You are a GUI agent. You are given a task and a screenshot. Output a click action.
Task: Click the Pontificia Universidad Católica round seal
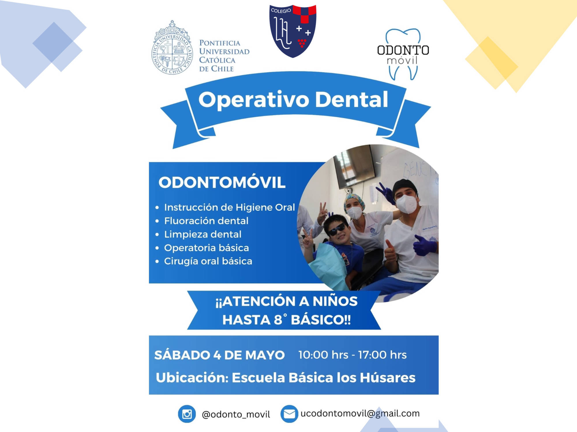(172, 48)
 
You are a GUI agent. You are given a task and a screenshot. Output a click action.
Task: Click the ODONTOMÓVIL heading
(222, 182)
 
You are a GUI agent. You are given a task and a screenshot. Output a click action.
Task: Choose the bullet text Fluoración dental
(206, 221)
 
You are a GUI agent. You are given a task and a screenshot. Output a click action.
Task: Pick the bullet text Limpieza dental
(203, 234)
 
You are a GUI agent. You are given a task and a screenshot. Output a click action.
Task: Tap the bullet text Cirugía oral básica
(208, 261)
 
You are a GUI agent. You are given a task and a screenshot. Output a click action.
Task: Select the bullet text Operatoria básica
(207, 248)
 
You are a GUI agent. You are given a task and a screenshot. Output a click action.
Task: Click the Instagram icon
(187, 414)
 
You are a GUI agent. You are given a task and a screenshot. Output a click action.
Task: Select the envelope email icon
(289, 414)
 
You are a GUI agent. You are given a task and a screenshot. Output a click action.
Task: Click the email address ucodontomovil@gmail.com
(360, 414)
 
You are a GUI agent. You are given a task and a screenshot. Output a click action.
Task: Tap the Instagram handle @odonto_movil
(236, 414)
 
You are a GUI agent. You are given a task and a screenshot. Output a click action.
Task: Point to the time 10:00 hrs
(323, 355)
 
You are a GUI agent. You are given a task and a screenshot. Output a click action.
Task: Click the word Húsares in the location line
(388, 378)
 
